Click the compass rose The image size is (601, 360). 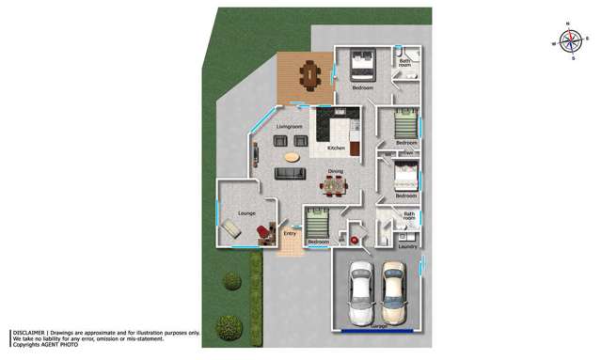tap(570, 40)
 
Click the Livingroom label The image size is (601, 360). tap(289, 126)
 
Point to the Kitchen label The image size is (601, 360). tap(336, 149)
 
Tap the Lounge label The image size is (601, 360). tap(246, 213)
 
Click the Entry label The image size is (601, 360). tap(290, 233)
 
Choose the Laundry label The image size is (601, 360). tap(406, 246)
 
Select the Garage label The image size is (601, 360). tap(378, 325)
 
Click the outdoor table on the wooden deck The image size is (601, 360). tap(308, 72)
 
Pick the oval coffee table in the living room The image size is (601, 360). tap(293, 157)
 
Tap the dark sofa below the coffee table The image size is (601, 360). tap(290, 173)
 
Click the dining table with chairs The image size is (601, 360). tap(333, 187)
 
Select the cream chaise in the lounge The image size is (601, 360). tap(230, 229)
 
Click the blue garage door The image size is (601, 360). tap(378, 331)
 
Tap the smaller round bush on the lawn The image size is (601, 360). tap(231, 280)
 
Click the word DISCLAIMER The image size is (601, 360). tap(29, 333)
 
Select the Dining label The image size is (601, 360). tap(335, 171)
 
